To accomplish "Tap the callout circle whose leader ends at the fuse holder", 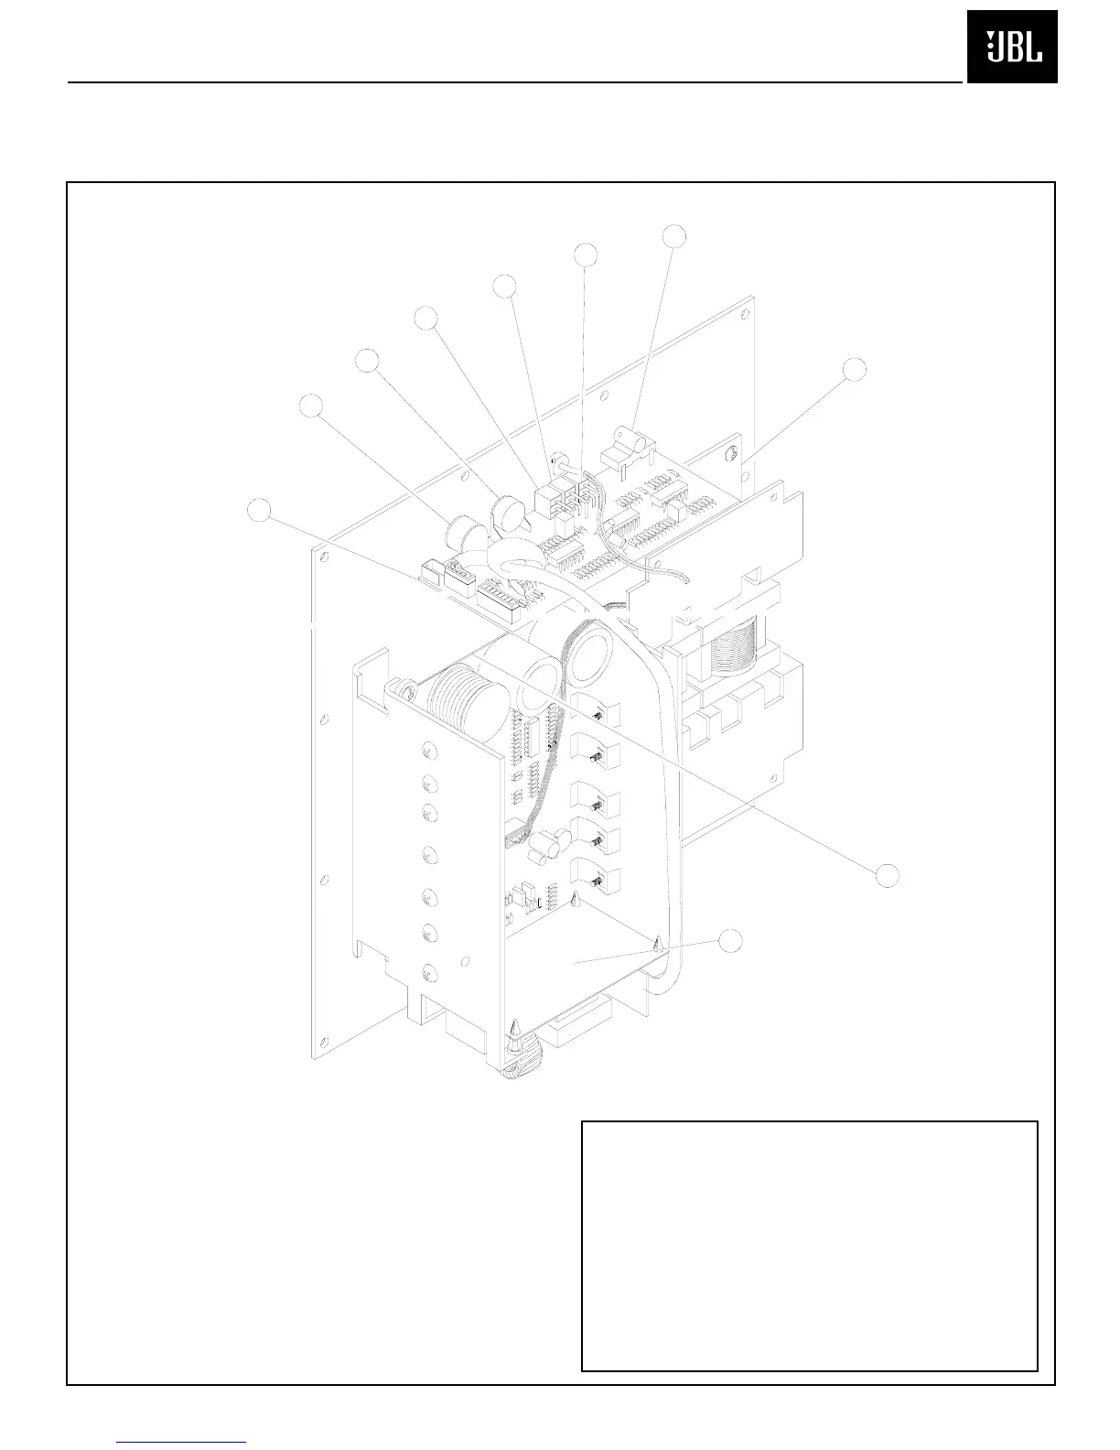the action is pyautogui.click(x=674, y=235).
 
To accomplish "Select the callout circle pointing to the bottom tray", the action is pyautogui.click(x=729, y=940).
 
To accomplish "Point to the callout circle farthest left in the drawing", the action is pyautogui.click(x=261, y=510).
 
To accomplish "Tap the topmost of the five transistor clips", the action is pyautogui.click(x=594, y=714).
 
